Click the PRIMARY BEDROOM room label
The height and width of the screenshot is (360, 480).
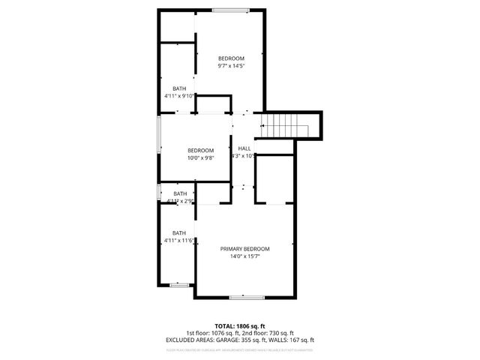(x=244, y=248)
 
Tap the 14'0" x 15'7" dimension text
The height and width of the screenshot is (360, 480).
(x=244, y=256)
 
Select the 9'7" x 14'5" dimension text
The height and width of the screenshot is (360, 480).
(x=231, y=67)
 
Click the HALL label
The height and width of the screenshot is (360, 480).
(x=245, y=148)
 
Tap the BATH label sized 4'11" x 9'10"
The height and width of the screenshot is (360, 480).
(x=179, y=88)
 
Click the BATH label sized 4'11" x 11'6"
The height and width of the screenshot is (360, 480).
(x=179, y=232)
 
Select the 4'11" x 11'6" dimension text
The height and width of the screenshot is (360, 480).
(x=179, y=241)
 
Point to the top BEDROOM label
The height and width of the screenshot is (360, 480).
(x=231, y=58)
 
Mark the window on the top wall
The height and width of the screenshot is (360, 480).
(x=225, y=10)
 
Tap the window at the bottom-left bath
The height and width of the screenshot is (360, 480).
(x=178, y=285)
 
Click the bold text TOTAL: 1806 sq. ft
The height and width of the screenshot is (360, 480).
(x=240, y=326)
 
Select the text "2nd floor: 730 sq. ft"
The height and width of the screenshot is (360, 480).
(x=267, y=333)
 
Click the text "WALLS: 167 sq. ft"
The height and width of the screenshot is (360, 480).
(x=289, y=340)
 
